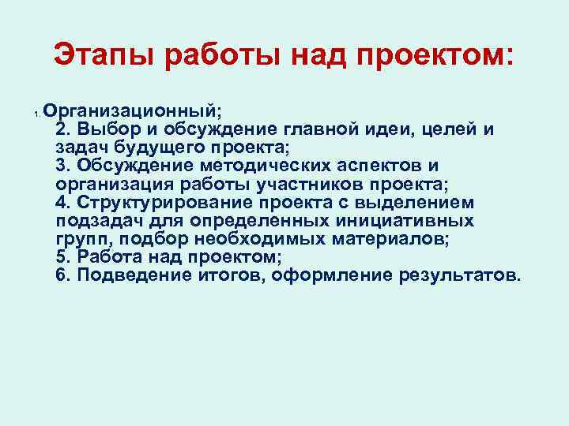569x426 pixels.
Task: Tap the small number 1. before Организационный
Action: coord(36,115)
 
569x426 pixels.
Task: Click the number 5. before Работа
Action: coord(63,258)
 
